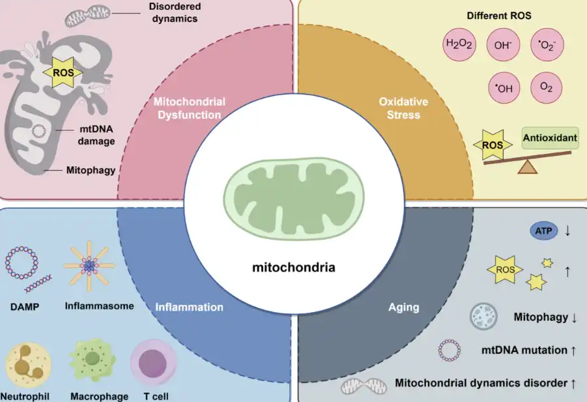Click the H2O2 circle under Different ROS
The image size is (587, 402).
(459, 44)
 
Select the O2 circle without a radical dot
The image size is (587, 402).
(546, 87)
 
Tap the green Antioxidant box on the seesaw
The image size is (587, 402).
(550, 137)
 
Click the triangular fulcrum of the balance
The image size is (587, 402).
(528, 167)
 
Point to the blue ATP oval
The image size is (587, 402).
(543, 231)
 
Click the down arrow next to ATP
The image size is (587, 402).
(567, 231)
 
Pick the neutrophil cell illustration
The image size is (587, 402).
(28, 365)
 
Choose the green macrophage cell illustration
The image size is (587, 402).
(93, 360)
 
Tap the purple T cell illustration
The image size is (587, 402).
(153, 362)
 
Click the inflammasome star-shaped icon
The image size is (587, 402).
(89, 266)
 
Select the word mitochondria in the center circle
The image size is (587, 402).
(293, 268)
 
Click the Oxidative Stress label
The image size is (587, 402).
(403, 108)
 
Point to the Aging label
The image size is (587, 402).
(403, 308)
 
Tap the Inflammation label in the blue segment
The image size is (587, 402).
(189, 308)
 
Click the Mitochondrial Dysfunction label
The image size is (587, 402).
(190, 108)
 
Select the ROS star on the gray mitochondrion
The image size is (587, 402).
(63, 72)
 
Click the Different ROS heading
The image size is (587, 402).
(499, 16)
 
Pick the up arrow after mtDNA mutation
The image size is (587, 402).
(573, 351)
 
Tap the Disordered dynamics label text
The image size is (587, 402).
(175, 12)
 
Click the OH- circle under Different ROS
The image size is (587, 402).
(503, 45)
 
